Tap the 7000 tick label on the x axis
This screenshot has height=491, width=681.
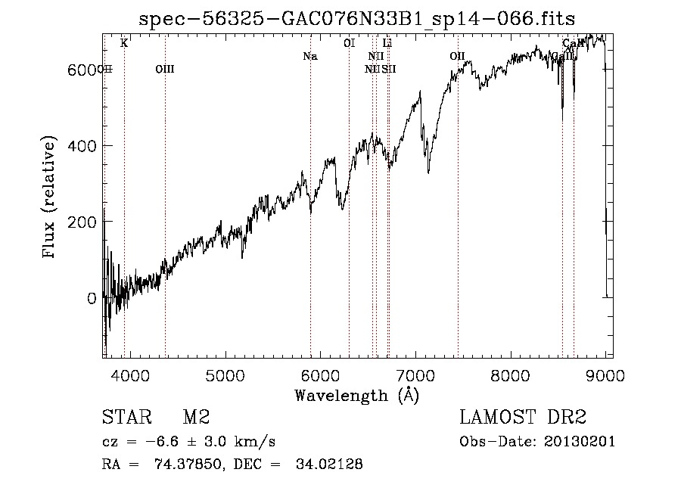click(x=415, y=376)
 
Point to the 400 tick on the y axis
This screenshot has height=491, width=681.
click(x=84, y=145)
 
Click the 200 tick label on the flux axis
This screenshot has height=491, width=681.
click(x=84, y=222)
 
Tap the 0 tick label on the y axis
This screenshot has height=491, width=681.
click(x=92, y=298)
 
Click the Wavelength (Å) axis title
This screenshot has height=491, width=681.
click(x=356, y=395)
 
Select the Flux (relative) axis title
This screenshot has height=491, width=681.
click(x=51, y=198)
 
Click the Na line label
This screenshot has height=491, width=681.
click(x=309, y=56)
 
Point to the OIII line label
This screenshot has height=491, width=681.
click(x=164, y=69)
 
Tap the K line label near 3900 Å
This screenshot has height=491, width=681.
click(x=124, y=43)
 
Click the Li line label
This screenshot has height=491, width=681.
click(x=387, y=43)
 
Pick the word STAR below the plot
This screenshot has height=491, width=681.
click(x=122, y=418)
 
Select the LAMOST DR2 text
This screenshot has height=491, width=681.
click(x=524, y=418)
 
